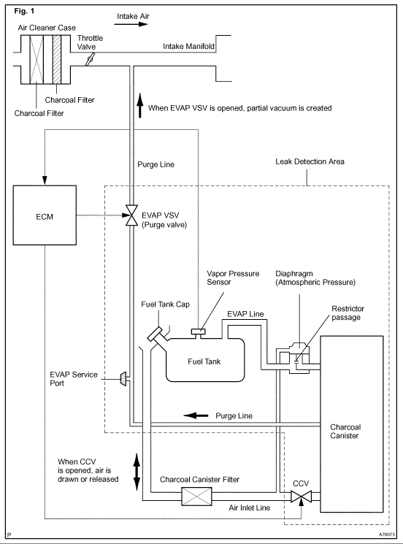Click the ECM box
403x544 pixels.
coord(45,215)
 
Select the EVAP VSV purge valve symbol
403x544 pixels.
coord(131,215)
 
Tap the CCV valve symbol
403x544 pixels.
coord(301,497)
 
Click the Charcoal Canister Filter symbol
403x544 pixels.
coord(196,497)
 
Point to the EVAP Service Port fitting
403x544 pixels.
coord(124,379)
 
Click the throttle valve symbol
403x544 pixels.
coord(91,59)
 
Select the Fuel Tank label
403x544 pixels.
coord(204,361)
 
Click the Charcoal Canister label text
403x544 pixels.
coord(345,432)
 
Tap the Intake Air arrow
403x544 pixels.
coord(131,24)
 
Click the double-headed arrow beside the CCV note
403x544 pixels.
coord(137,472)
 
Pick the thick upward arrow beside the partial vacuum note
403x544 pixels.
coord(140,105)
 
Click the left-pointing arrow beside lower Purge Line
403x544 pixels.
coord(196,415)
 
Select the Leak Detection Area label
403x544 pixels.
coord(310,161)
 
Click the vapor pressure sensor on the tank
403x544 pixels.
coord(198,332)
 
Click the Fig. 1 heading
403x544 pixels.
coord(24,11)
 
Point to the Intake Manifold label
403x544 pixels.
coord(188,46)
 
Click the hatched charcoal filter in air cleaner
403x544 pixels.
coord(57,59)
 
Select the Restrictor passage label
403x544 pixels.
coord(348,313)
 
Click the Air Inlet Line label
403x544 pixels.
coord(250,508)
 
